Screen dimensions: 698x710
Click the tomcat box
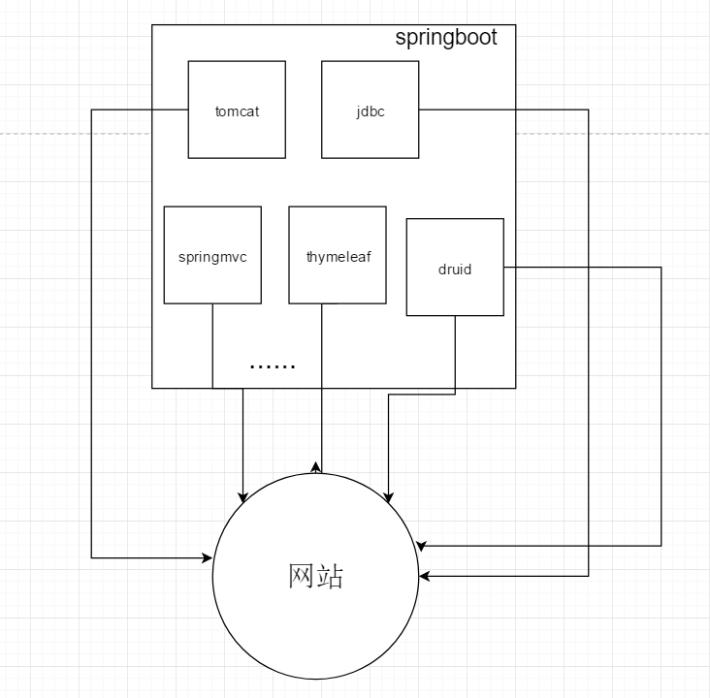coord(237,136)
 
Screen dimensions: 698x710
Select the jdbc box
coord(370,136)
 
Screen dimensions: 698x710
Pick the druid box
coord(454,291)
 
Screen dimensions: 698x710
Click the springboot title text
coord(446,38)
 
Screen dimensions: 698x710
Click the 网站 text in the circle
coord(316,577)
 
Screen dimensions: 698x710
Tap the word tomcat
coord(237,111)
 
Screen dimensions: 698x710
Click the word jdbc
coord(370,111)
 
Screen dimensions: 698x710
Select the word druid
coord(454,270)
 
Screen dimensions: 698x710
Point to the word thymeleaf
coord(338,258)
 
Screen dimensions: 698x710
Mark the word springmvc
coord(212,258)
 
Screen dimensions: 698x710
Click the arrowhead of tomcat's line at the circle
coord(208,558)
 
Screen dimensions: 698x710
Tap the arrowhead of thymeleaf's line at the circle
coord(315,467)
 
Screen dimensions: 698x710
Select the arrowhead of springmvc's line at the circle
coord(242,497)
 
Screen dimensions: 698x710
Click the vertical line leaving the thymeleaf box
coord(321,388)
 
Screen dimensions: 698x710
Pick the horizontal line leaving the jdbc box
coord(504,110)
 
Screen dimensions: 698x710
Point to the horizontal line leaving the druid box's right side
coord(582,268)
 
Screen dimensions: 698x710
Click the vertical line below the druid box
coord(455,354)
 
